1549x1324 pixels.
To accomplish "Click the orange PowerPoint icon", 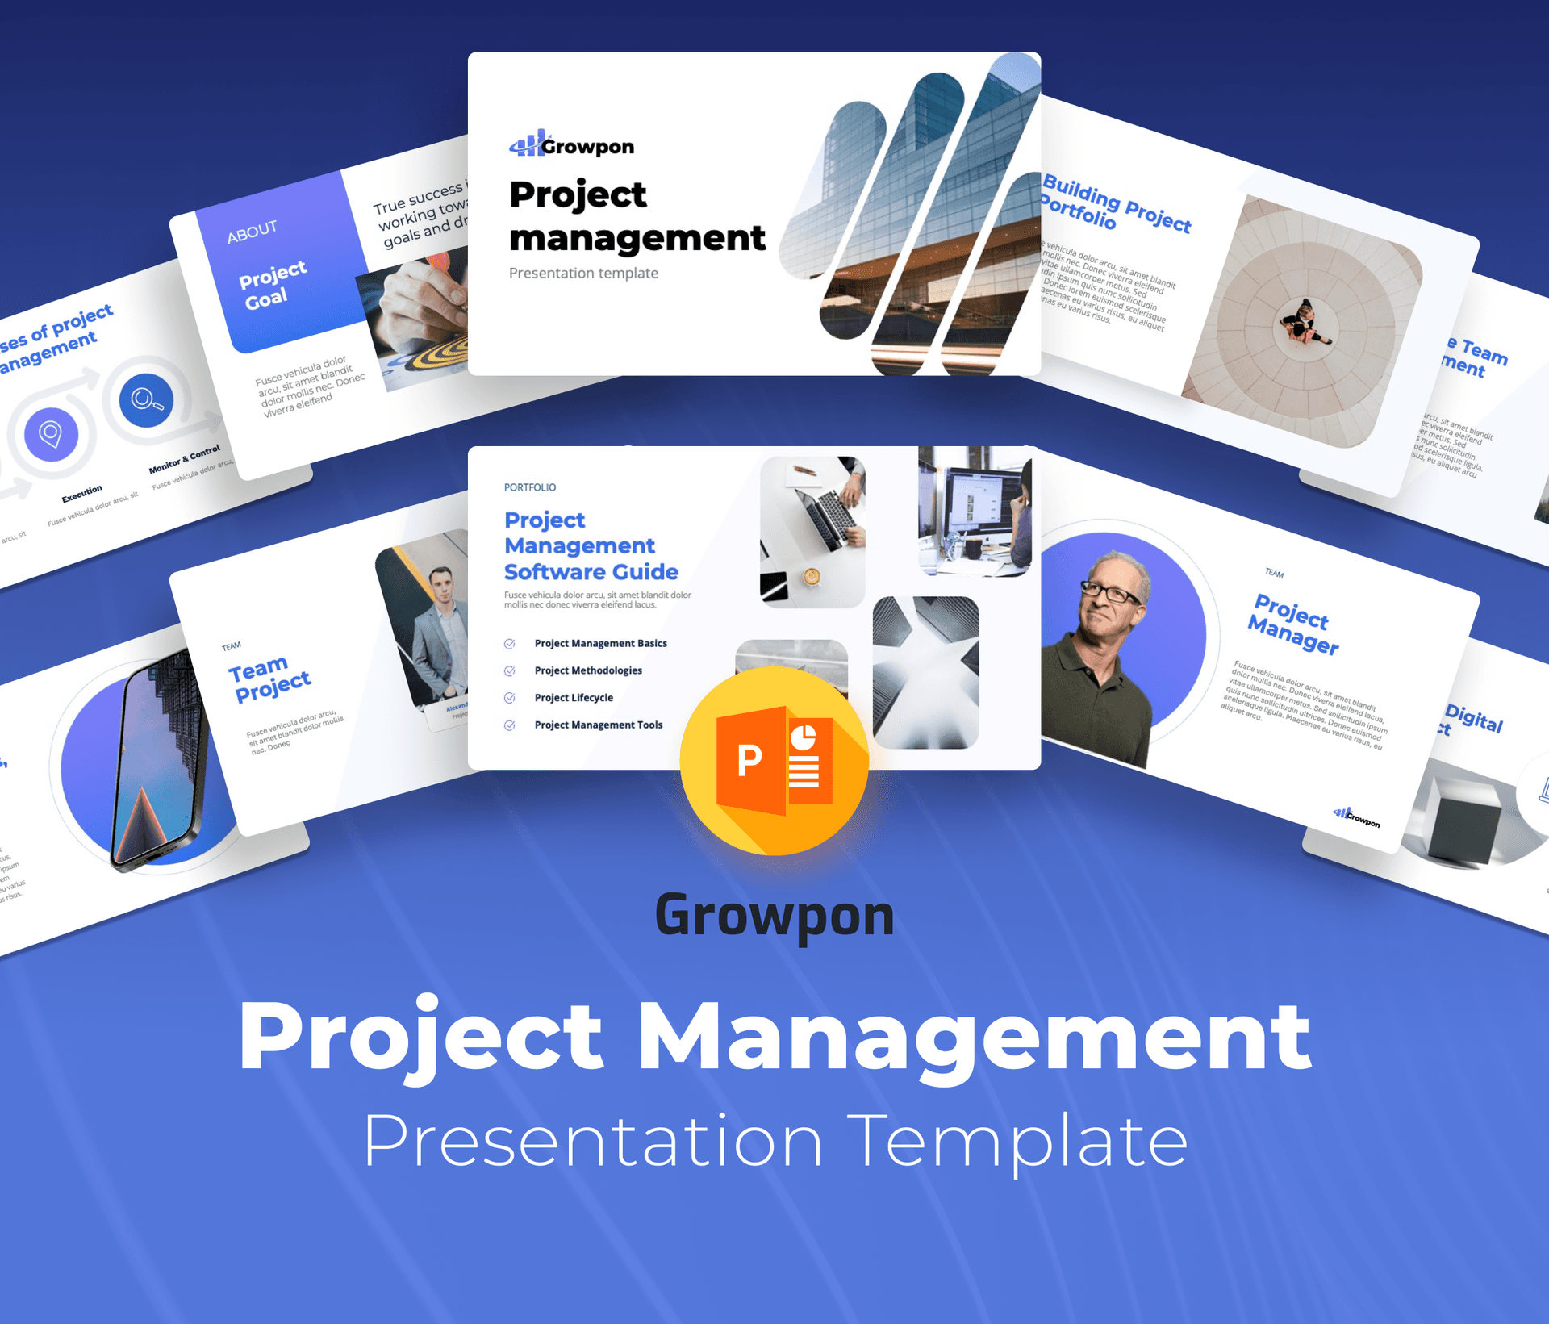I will [x=774, y=761].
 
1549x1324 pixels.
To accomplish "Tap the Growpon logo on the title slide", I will [x=572, y=145].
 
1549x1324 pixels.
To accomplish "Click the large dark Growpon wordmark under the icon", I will [x=774, y=917].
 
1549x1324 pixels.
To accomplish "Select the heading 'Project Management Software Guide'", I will [x=591, y=546].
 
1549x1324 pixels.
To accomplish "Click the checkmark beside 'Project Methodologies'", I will [x=510, y=671].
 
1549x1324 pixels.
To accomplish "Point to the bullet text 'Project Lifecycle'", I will [x=574, y=698].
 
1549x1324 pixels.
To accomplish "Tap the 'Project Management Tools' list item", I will [x=598, y=725].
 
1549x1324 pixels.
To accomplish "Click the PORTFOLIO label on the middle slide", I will [x=530, y=487].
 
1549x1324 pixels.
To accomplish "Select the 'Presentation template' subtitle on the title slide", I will [x=583, y=274].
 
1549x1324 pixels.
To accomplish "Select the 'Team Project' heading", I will [x=269, y=679].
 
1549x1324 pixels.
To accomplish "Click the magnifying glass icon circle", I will [x=146, y=400].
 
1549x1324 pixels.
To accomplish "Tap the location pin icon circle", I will [x=51, y=434].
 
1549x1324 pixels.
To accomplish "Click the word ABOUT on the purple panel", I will [x=252, y=232].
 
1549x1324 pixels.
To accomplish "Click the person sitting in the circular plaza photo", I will [x=1302, y=322].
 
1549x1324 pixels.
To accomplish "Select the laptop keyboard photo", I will [x=812, y=531].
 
